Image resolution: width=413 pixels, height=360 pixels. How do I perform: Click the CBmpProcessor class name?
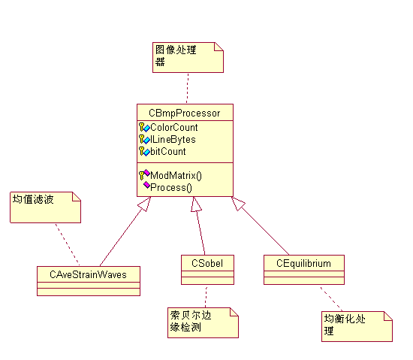tap(185, 113)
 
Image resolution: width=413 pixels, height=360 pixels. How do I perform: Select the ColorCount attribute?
tap(174, 127)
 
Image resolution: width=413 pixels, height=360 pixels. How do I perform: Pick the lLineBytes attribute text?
tap(173, 139)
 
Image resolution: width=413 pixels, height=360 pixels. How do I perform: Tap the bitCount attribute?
tap(167, 152)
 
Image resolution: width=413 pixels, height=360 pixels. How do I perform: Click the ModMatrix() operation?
tap(176, 176)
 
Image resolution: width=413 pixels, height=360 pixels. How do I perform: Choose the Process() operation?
tap(171, 188)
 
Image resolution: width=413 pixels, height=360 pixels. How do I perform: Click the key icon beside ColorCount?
tap(142, 127)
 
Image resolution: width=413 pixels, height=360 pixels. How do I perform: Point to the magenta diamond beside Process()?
tap(146, 185)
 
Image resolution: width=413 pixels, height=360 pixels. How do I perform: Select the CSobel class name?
tap(207, 263)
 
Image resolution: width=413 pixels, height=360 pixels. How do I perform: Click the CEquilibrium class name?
tap(303, 263)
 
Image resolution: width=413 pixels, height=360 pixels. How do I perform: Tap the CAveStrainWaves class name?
tap(89, 274)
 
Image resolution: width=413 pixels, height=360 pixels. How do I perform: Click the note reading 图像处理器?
tap(188, 57)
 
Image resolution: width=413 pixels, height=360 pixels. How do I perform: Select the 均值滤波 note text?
tap(33, 199)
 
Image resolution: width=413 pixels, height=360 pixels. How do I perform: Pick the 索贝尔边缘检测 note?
tap(203, 322)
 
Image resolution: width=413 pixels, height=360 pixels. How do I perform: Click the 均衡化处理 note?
tap(357, 326)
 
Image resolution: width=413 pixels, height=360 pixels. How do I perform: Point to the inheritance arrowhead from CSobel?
tap(196, 204)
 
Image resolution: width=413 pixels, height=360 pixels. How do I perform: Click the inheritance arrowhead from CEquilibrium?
tap(238, 204)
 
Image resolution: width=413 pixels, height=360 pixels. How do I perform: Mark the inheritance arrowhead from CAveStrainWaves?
tap(145, 204)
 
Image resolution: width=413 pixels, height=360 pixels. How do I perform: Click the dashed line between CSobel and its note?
tap(206, 296)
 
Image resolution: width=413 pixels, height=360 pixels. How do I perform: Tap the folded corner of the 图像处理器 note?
tap(219, 46)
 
